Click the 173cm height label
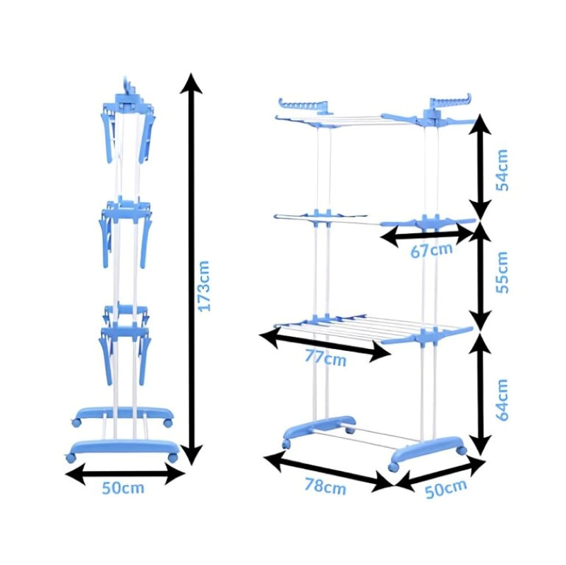click(204, 285)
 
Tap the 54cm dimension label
click(502, 170)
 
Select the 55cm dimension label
click(502, 273)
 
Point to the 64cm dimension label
click(502, 400)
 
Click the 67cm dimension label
click(431, 251)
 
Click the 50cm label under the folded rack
click(123, 488)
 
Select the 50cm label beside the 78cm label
click(446, 489)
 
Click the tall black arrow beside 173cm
click(191, 268)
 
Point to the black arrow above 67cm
click(428, 234)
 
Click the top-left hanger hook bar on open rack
click(303, 105)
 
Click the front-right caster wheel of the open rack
click(395, 467)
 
